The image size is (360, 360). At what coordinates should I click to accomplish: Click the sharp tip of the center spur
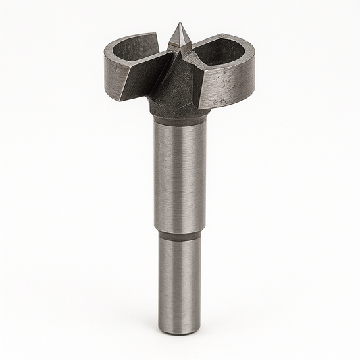point(180,24)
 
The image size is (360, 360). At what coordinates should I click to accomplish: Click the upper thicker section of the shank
point(180,176)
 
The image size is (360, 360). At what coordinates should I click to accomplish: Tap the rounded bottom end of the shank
point(180,330)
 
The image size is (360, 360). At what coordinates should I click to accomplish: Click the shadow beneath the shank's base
point(180,336)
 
